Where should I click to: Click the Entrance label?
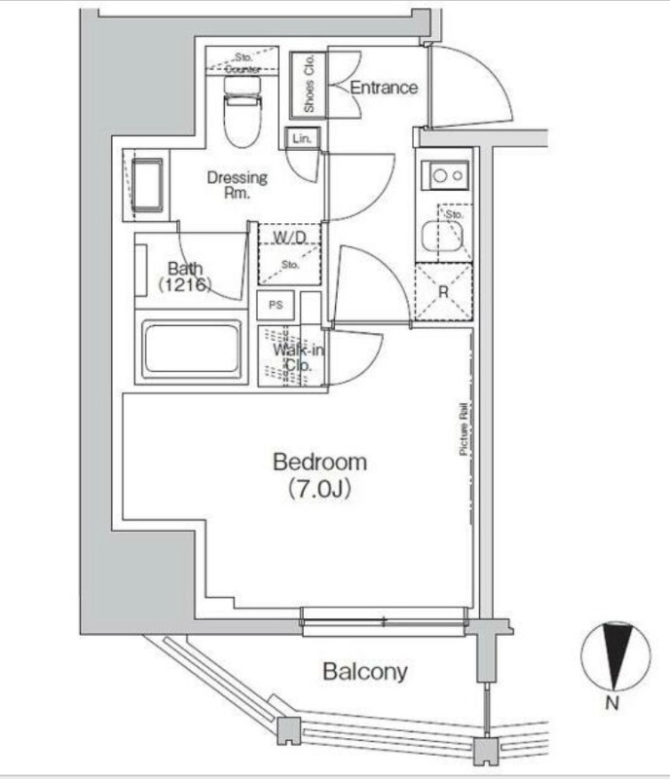pos(384,88)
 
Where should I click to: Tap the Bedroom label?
pos(319,462)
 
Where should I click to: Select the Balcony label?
pos(365,671)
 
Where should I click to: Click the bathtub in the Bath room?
pos(192,348)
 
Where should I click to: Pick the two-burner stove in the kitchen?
pos(445,176)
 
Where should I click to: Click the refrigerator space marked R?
pos(444,291)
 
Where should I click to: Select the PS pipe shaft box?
pos(276,304)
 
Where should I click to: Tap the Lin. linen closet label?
pos(300,139)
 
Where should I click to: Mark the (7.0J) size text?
pos(318,490)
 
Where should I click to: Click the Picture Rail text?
pos(465,428)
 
